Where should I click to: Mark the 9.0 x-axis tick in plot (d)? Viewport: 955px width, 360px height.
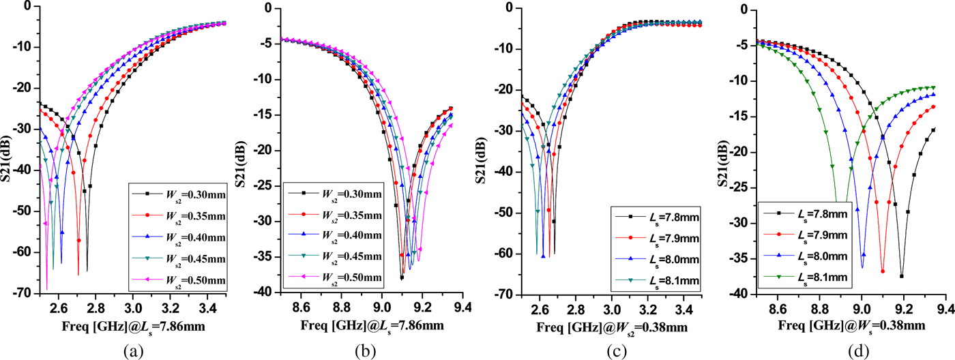(862, 307)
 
